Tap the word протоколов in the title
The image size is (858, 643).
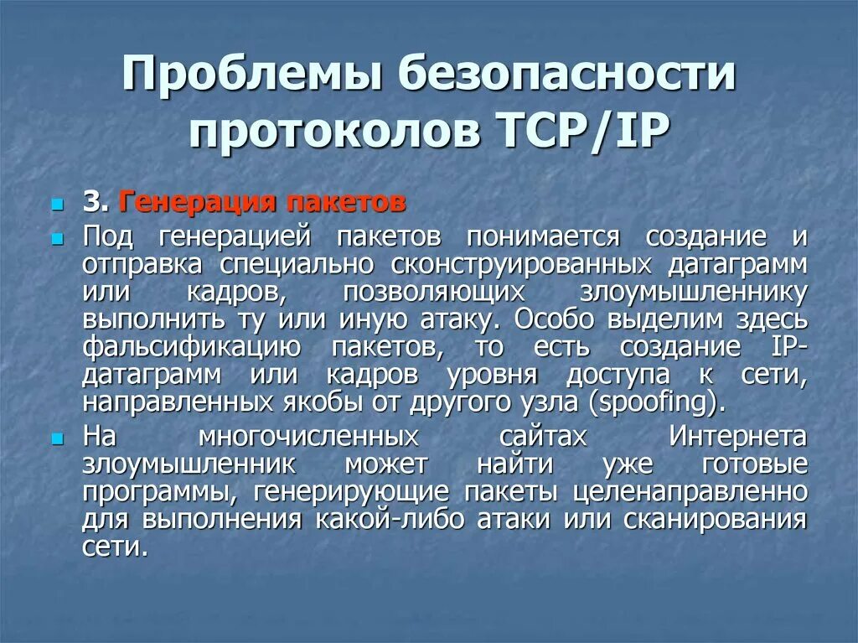pyautogui.click(x=326, y=132)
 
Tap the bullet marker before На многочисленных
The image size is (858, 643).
pyautogui.click(x=57, y=438)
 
